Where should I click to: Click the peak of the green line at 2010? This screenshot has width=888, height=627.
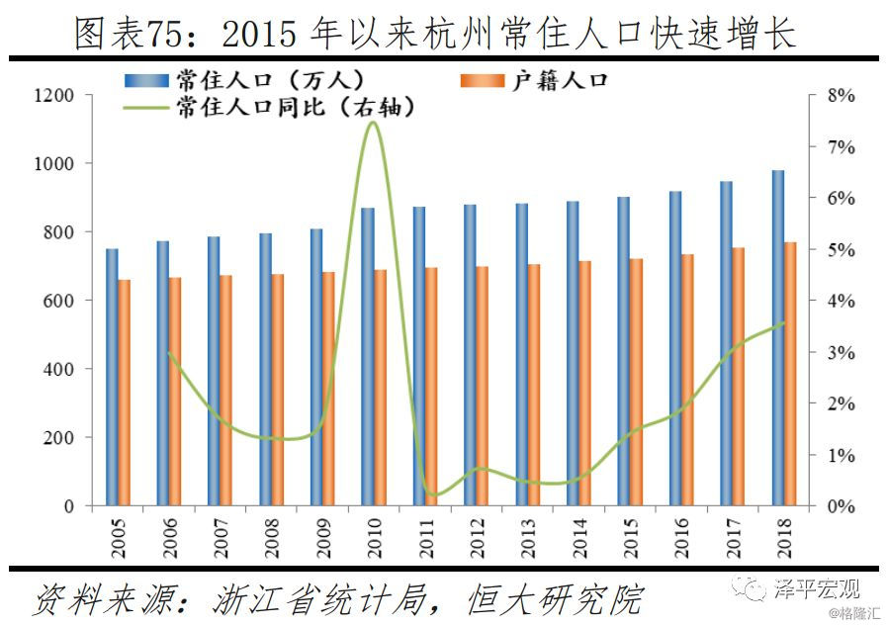(372, 122)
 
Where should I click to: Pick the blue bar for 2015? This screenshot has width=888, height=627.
(623, 351)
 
